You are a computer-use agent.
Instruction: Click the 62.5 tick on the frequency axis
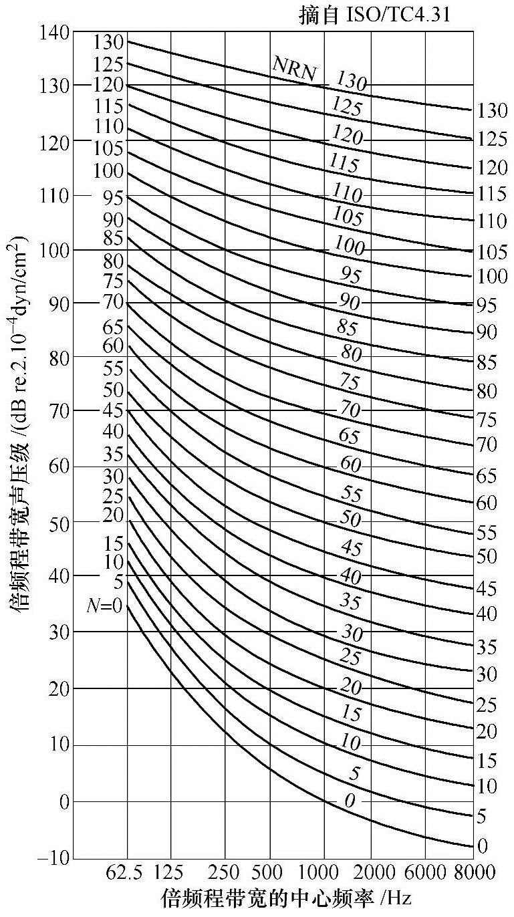tap(126, 873)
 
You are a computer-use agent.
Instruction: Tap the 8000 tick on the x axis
tap(473, 873)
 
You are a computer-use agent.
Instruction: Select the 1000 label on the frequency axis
tap(324, 873)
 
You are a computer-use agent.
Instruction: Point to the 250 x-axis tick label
tap(225, 873)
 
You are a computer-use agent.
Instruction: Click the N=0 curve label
tap(104, 606)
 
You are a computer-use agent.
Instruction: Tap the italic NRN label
tap(294, 68)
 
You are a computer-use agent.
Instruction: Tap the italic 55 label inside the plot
tap(351, 494)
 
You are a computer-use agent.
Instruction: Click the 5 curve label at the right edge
tap(481, 816)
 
